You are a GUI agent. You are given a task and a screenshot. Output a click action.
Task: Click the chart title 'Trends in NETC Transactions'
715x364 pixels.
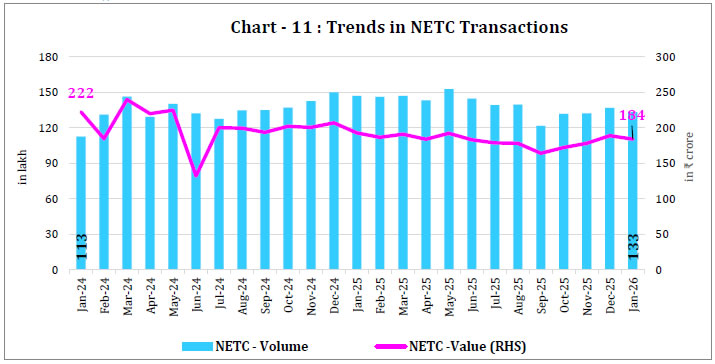click(358, 27)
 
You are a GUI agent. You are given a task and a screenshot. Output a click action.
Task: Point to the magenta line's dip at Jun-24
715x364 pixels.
click(196, 175)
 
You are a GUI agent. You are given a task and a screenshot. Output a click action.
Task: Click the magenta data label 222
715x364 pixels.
click(81, 93)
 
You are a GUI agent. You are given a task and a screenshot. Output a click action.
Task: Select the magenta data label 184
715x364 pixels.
click(632, 116)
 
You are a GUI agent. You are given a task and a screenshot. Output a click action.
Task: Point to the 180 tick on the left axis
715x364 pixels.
click(44, 57)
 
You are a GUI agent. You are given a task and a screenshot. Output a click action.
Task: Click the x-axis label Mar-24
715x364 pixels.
click(128, 294)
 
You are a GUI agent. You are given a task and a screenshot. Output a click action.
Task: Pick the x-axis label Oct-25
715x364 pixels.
click(564, 294)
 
